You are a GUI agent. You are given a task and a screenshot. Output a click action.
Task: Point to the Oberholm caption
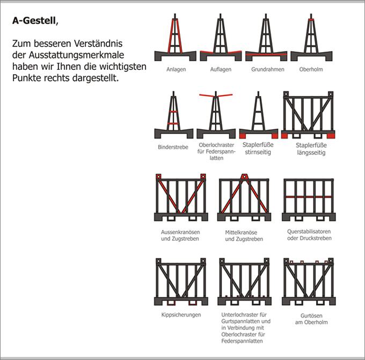[311, 70]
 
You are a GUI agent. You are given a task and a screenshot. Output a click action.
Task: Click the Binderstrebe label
[173, 147]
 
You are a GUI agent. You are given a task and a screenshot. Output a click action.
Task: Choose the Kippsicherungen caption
[181, 315]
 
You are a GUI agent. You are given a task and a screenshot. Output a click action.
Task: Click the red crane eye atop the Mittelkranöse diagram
[244, 176]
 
